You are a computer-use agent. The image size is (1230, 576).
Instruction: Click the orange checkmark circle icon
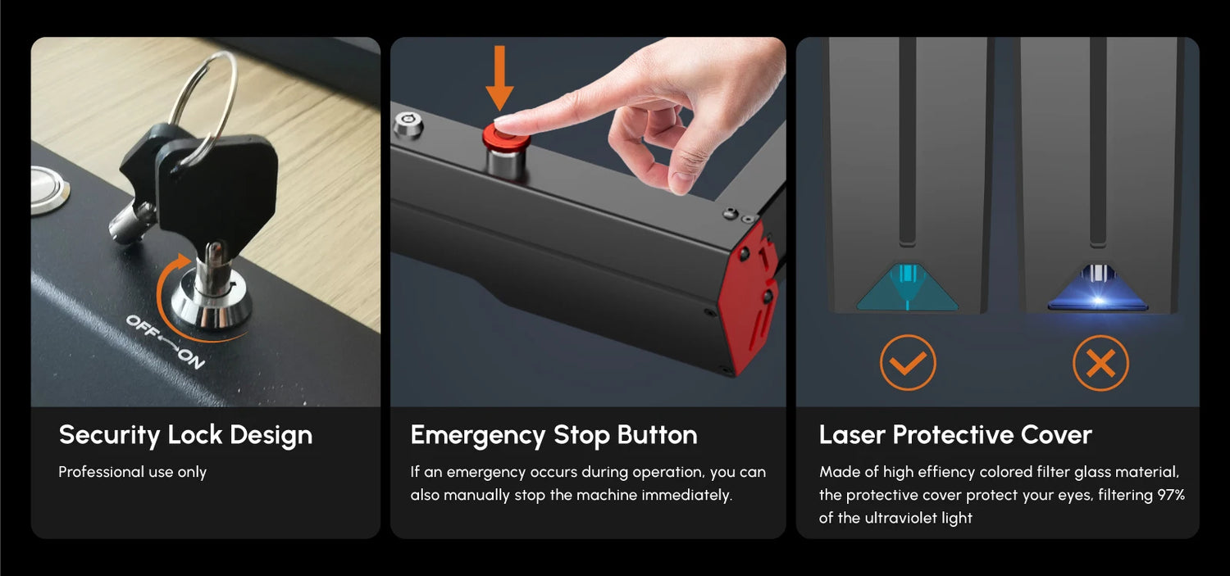tap(908, 363)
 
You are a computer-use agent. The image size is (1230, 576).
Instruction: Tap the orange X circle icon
tap(1100, 363)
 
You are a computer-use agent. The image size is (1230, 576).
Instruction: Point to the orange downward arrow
tap(499, 78)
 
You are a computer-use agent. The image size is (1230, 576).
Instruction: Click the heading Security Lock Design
tap(185, 435)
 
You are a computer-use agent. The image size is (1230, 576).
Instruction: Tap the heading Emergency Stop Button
tap(553, 435)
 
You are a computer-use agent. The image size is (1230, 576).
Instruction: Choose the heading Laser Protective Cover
tap(955, 434)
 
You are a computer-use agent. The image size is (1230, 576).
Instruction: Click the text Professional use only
tap(132, 472)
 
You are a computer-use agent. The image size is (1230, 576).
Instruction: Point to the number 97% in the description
tap(1171, 495)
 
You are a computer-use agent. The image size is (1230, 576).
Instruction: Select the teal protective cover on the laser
tap(907, 288)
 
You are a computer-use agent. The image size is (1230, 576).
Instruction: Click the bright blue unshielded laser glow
tap(1098, 291)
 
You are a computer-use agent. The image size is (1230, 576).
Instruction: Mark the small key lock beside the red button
tap(408, 125)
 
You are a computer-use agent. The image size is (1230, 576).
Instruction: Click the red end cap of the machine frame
tap(751, 297)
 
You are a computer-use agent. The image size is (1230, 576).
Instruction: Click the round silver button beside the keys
tap(49, 189)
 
